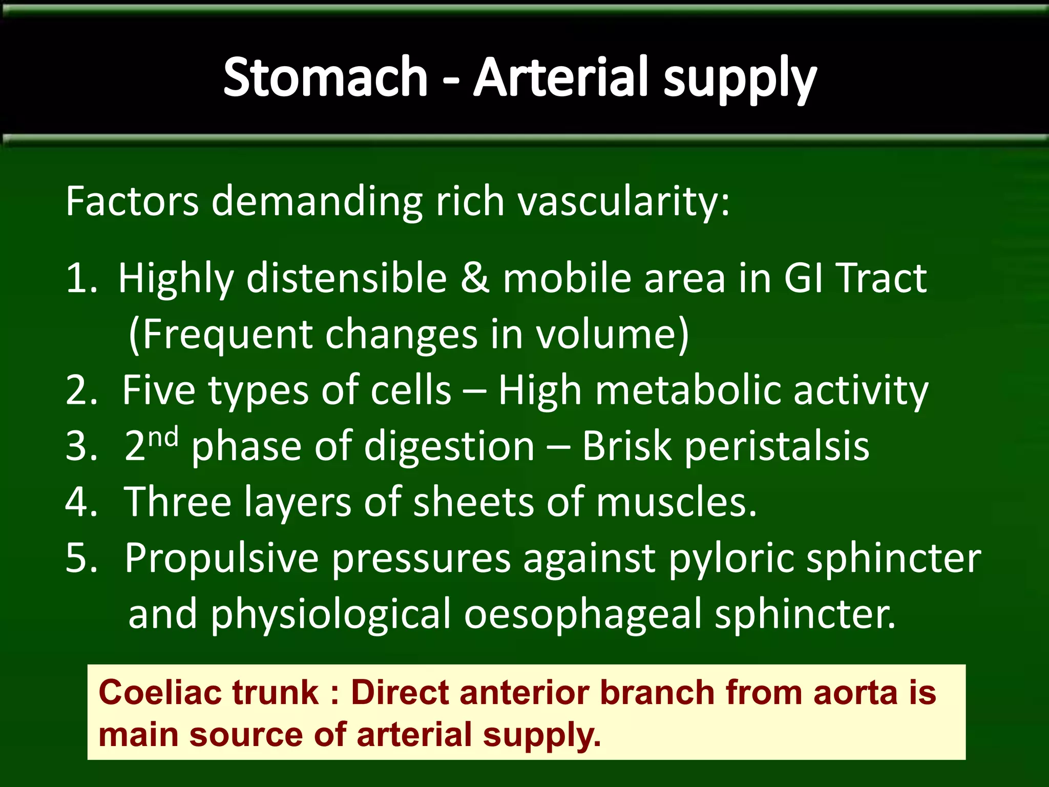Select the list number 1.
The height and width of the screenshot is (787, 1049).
tap(81, 278)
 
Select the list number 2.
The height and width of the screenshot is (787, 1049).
tap(81, 390)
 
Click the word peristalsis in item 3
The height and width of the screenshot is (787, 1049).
tap(777, 446)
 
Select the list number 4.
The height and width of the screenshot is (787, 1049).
tap(81, 502)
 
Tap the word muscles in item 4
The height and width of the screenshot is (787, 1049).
tap(676, 502)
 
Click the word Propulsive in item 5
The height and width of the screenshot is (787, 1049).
tap(221, 558)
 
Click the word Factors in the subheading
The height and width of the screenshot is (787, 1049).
tap(132, 201)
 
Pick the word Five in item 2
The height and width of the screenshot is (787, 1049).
tap(158, 390)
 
